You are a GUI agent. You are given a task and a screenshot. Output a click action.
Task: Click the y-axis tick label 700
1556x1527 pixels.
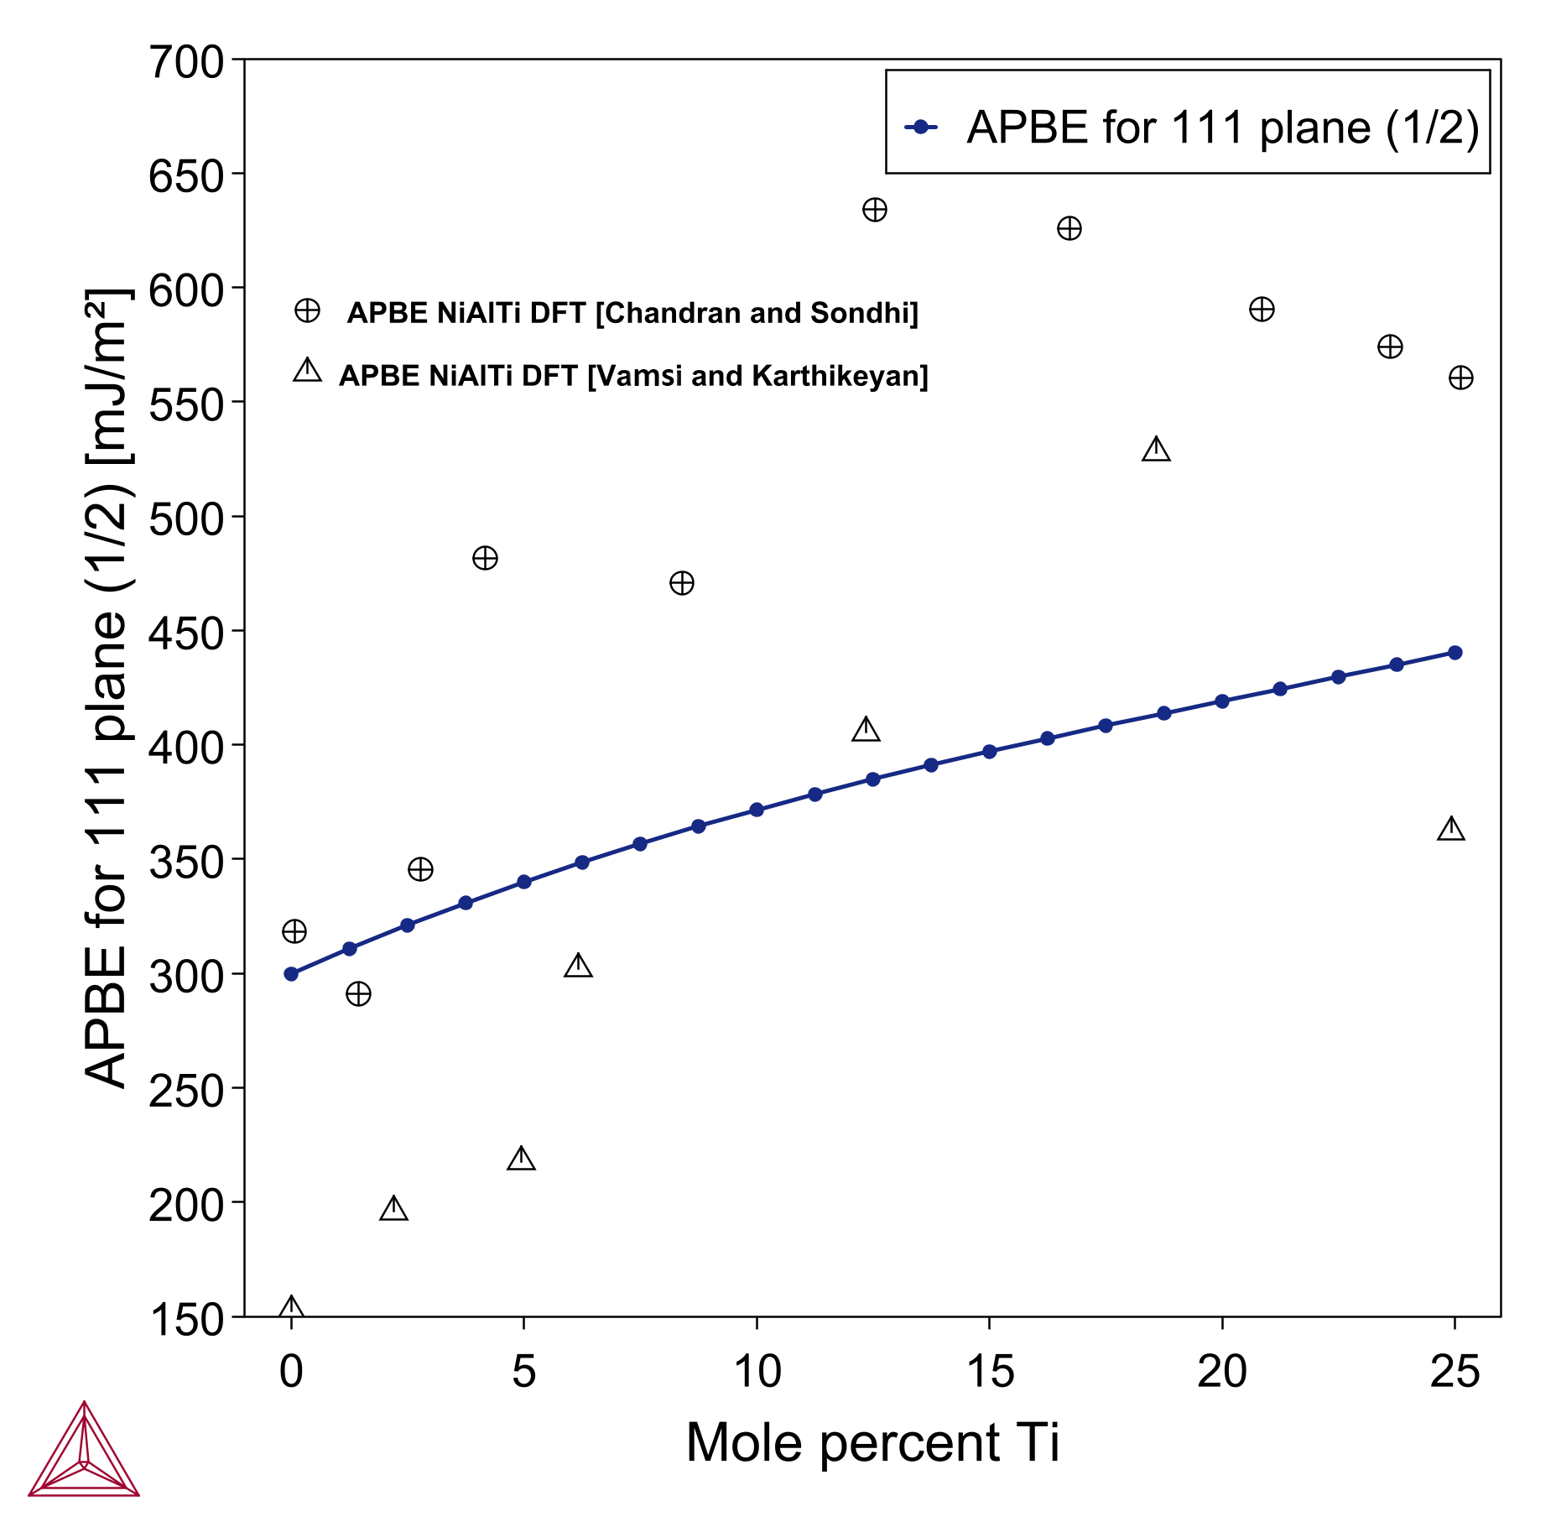(x=186, y=63)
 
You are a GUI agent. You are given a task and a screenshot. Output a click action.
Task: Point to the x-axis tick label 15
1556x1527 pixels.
(x=990, y=1372)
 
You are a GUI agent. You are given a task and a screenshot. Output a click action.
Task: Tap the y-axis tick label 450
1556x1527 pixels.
(x=186, y=634)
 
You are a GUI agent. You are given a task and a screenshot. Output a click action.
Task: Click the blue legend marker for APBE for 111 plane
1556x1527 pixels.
(x=920, y=127)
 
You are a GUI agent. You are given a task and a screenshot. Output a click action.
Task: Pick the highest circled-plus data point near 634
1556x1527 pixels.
(x=875, y=210)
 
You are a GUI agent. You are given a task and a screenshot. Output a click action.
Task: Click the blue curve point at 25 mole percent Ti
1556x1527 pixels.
(x=1455, y=653)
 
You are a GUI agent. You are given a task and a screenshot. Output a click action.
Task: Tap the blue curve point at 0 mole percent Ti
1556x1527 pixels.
(x=291, y=974)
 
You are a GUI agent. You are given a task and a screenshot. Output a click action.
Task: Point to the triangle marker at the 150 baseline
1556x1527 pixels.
(x=291, y=1308)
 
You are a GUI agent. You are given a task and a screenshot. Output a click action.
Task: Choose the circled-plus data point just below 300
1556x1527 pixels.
(x=358, y=994)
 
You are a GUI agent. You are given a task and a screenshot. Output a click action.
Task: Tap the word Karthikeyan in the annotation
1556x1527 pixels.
(x=840, y=376)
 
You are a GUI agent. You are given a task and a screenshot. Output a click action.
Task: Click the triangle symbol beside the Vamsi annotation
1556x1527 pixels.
(x=307, y=371)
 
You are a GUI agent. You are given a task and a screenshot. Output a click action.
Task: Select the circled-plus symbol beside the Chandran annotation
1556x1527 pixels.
(x=307, y=311)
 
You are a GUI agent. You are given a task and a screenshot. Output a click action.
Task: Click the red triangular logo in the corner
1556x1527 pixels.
(x=84, y=1451)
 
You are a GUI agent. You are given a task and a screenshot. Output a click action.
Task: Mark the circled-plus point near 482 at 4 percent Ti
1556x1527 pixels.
(x=485, y=558)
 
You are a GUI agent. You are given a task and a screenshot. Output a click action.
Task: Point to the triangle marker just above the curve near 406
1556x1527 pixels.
(x=866, y=730)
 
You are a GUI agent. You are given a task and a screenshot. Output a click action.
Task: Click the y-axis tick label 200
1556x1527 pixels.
(x=186, y=1206)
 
